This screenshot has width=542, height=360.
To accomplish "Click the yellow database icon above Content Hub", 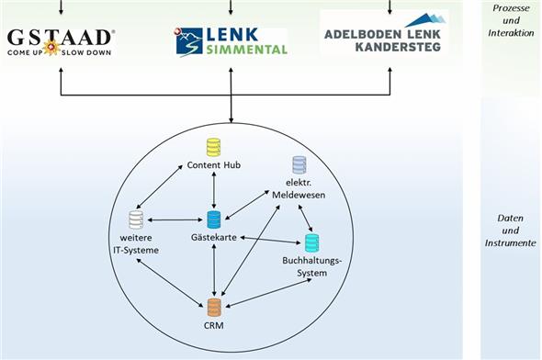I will (213, 146).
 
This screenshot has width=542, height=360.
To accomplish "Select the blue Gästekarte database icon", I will (214, 219).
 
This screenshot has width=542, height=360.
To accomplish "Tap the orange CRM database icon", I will (214, 308).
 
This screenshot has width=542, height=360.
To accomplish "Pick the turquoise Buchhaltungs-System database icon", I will (311, 242).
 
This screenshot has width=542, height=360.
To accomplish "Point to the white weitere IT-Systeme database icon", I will (136, 219).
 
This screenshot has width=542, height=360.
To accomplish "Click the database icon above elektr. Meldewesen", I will (299, 164).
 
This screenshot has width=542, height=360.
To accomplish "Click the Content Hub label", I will (213, 164).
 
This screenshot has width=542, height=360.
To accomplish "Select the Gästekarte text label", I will (214, 237).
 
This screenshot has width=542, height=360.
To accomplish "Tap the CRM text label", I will (214, 325).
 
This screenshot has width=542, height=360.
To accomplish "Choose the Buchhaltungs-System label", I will (311, 266).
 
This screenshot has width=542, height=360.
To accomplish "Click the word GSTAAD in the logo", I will (61, 37).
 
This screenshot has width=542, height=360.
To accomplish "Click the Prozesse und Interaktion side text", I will (511, 19).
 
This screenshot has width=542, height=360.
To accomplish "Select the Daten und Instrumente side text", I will (511, 231).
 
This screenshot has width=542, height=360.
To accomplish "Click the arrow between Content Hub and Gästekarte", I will (213, 190).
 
